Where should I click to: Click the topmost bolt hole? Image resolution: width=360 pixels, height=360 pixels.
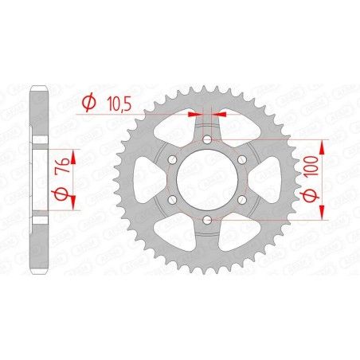click(x=206, y=140)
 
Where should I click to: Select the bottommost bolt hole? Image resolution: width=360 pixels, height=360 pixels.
click(x=206, y=219)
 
